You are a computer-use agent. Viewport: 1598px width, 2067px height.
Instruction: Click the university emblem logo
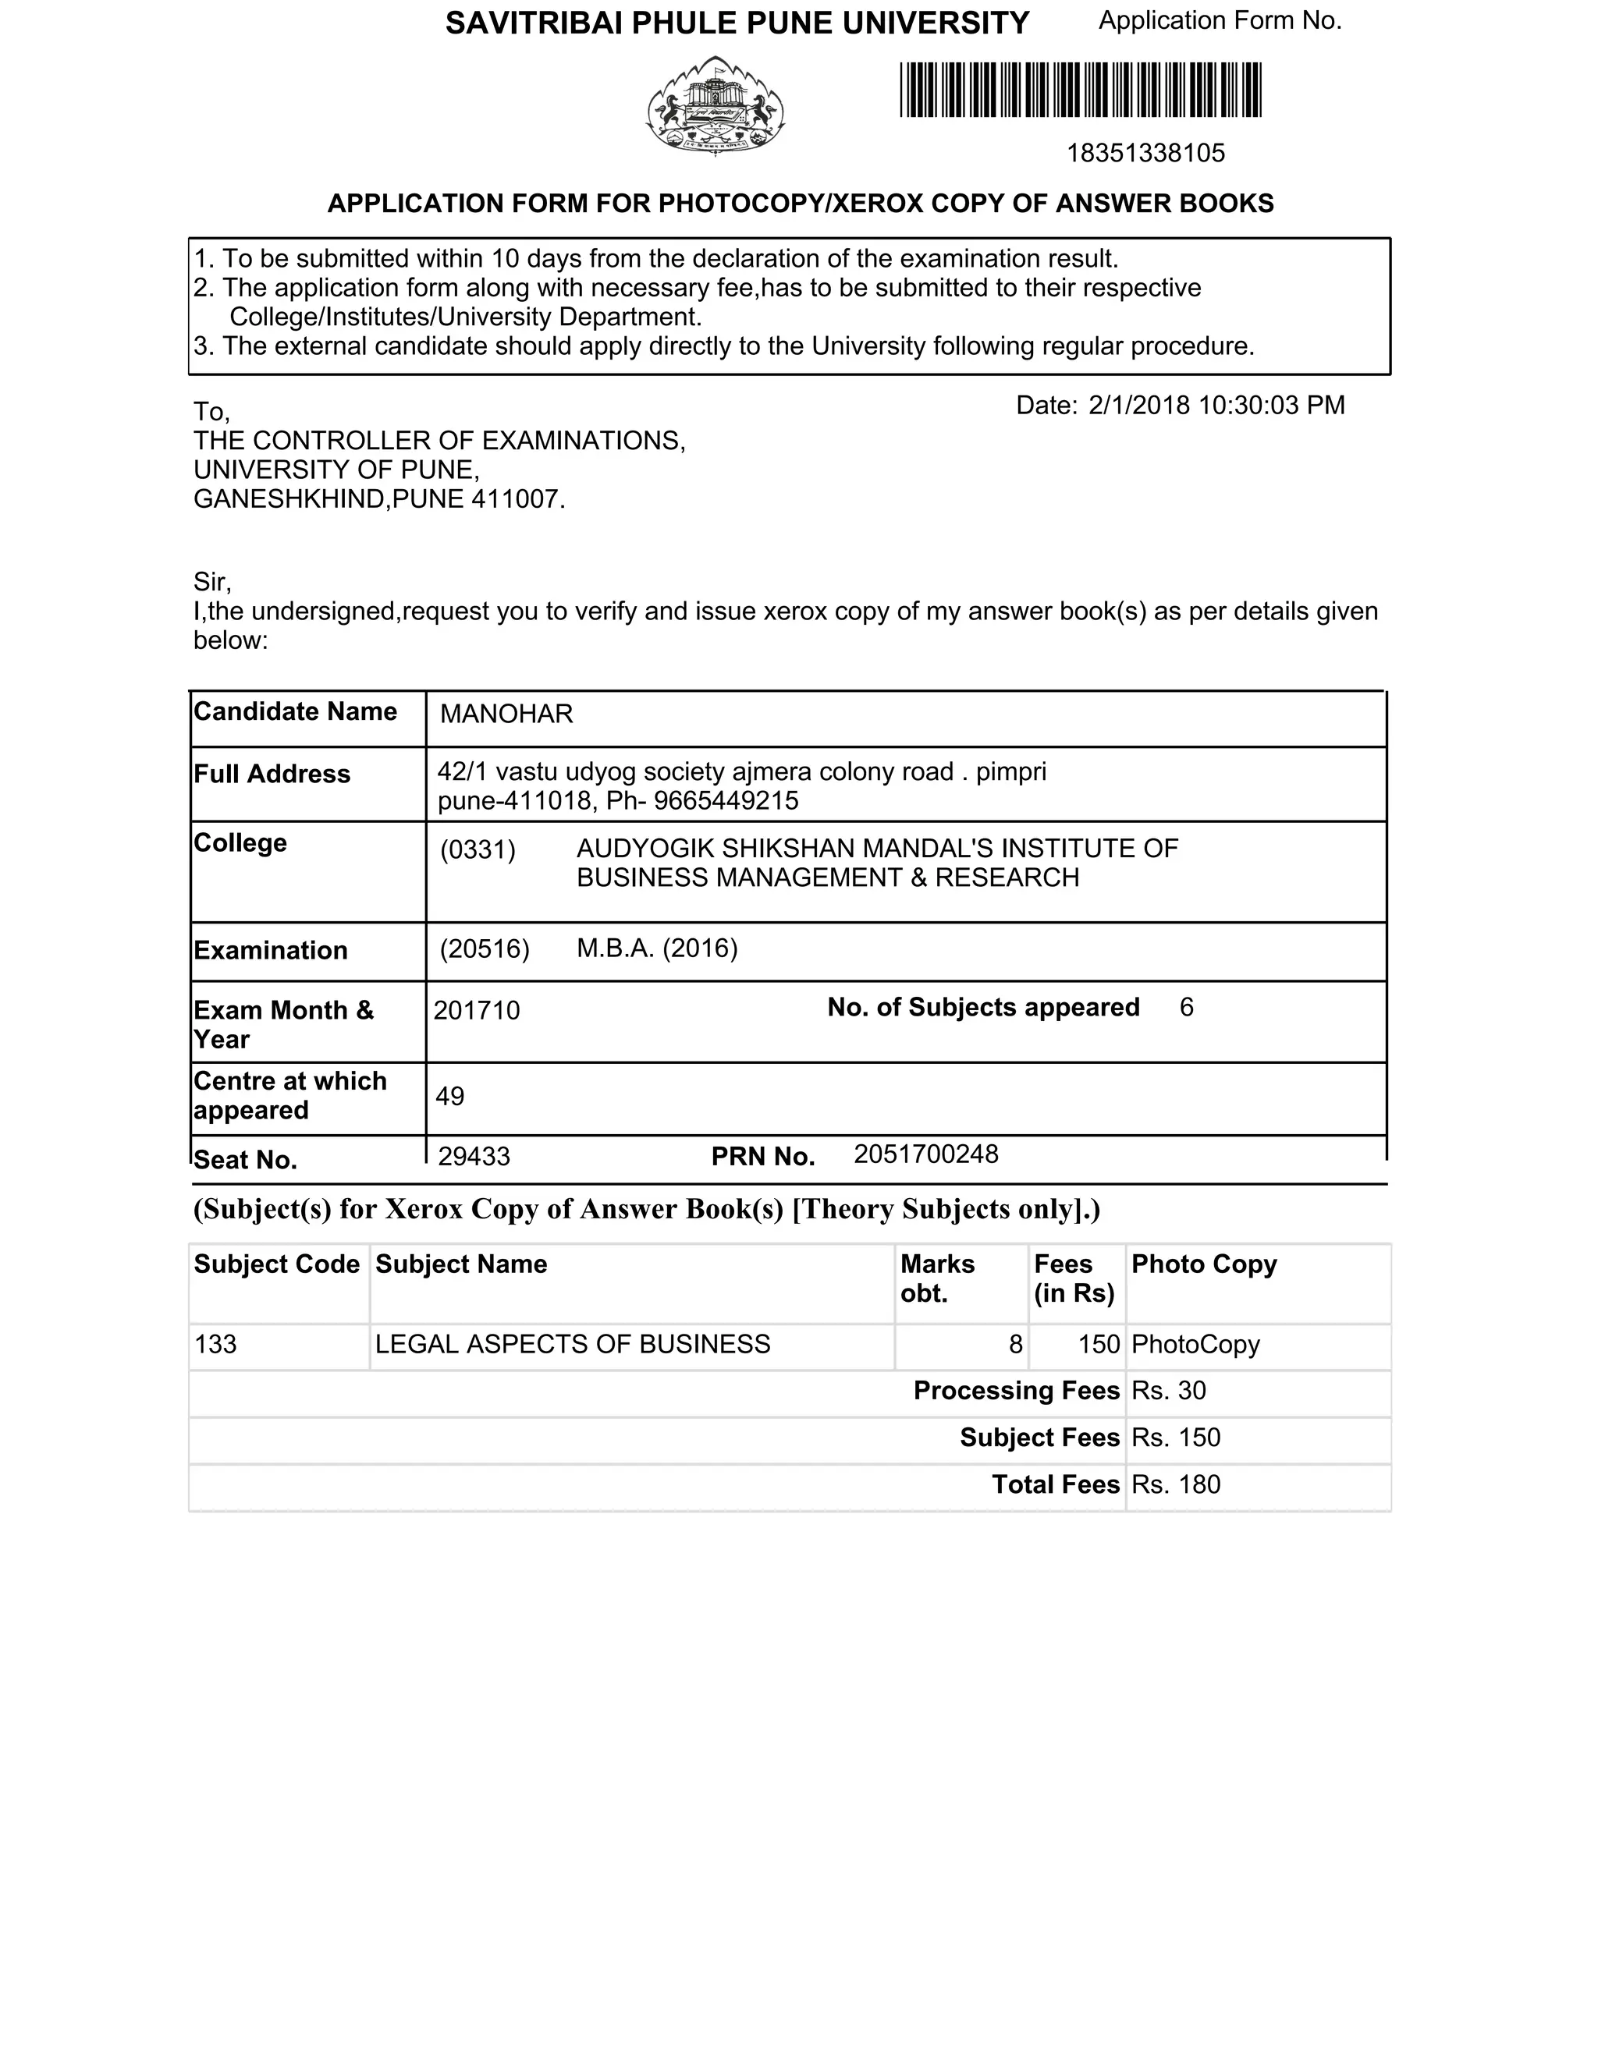pyautogui.click(x=716, y=105)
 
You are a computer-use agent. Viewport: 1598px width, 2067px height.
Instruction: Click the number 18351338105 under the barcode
pyautogui.click(x=1145, y=154)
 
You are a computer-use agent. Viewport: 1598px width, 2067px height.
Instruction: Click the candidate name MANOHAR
pyautogui.click(x=506, y=714)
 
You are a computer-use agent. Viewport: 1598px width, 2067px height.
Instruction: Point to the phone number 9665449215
pyautogui.click(x=726, y=801)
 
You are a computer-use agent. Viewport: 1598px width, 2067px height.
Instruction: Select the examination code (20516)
pyautogui.click(x=484, y=948)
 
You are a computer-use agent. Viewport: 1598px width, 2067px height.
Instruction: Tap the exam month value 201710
pyautogui.click(x=476, y=1010)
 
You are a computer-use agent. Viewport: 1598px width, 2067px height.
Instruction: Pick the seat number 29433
pyautogui.click(x=474, y=1157)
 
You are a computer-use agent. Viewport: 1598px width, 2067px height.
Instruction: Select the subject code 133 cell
pyautogui.click(x=216, y=1344)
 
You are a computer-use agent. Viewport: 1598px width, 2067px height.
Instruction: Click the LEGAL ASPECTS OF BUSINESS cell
pyautogui.click(x=573, y=1344)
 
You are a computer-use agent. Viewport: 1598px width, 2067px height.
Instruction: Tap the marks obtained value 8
pyautogui.click(x=1015, y=1344)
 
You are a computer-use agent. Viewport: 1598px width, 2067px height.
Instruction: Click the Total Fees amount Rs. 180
pyautogui.click(x=1176, y=1484)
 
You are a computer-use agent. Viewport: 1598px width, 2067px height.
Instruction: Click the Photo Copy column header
pyautogui.click(x=1203, y=1264)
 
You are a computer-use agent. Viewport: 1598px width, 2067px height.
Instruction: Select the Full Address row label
pyautogui.click(x=272, y=775)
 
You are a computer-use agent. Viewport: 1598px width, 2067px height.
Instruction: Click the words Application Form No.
pyautogui.click(x=1220, y=21)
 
